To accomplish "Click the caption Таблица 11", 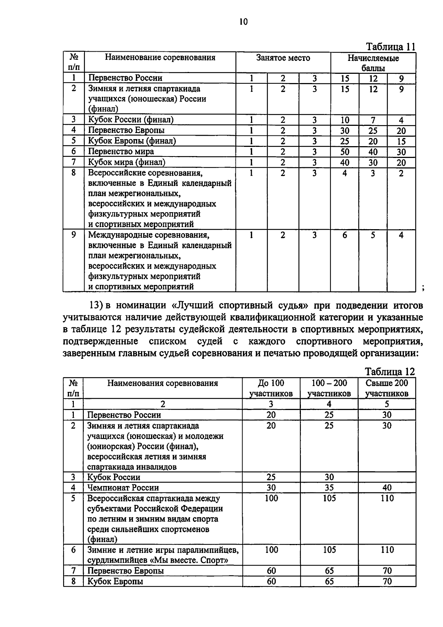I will [x=391, y=47].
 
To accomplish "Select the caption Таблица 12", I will [x=390, y=372].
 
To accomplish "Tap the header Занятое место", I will [x=283, y=58].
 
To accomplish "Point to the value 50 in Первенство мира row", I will [x=345, y=152].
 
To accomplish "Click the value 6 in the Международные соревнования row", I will [x=344, y=235].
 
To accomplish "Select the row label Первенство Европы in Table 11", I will [x=126, y=130].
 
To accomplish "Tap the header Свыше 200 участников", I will [x=387, y=388].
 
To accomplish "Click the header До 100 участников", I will [x=271, y=388].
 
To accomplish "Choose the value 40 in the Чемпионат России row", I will [x=387, y=488].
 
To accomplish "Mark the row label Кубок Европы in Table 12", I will [x=115, y=582].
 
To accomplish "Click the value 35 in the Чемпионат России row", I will [x=329, y=488].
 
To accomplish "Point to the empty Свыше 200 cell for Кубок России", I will [x=387, y=477].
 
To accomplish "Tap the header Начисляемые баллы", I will [x=373, y=63].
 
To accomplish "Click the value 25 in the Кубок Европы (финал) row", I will [x=345, y=141].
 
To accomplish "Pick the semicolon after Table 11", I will [x=422, y=288].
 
